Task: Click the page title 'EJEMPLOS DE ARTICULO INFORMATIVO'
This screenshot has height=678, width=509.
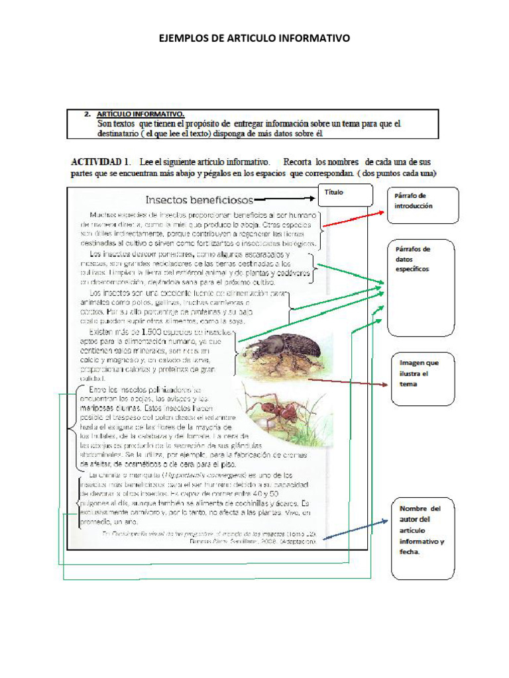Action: [254, 38]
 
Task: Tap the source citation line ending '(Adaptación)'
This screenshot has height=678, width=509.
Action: [252, 540]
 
